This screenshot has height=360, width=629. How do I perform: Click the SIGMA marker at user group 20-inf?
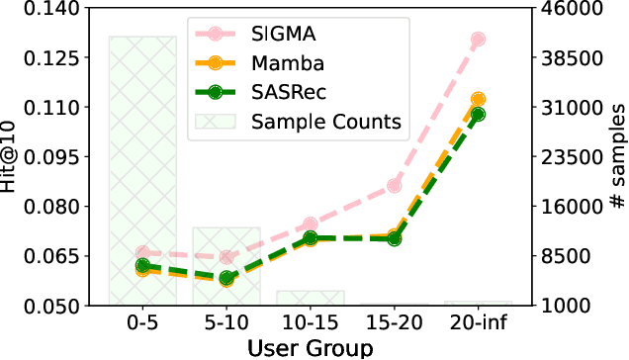point(479,40)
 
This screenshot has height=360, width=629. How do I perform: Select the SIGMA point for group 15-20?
point(395,185)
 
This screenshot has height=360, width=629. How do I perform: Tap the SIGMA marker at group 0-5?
point(142,253)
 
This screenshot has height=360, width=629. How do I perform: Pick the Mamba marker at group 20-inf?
point(479,100)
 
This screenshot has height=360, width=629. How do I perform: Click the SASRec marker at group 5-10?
point(226,279)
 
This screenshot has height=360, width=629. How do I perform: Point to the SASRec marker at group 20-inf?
point(479,114)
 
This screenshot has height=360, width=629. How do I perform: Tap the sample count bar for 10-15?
point(311,298)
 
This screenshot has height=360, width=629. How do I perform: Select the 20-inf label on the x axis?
point(479,324)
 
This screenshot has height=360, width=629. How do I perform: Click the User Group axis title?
point(311,347)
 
